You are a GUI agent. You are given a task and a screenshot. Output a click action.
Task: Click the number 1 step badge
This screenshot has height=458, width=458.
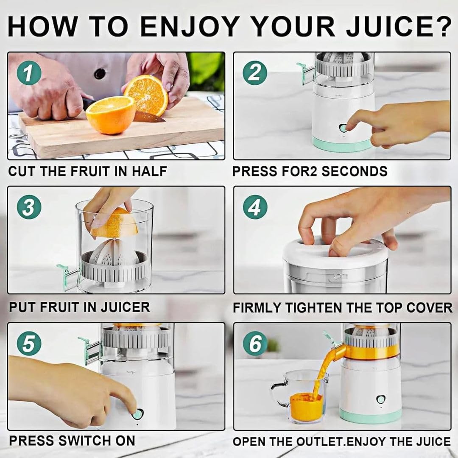coord(29,73)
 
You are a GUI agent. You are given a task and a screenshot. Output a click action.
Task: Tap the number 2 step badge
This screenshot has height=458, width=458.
coord(255,73)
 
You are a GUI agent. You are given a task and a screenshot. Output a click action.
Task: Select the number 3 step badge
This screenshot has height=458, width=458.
coord(29,207)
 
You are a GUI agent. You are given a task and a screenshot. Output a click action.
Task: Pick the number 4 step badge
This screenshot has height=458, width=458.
coord(255,207)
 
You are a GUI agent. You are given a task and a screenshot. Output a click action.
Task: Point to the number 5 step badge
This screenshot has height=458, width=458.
coord(29,343)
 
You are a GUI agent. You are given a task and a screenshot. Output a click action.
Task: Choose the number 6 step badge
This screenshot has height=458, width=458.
coord(255,343)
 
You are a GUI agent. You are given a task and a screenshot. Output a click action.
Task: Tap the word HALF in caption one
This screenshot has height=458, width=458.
coord(149,171)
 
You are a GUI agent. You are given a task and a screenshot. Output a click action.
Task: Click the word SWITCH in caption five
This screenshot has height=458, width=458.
coord(84,441)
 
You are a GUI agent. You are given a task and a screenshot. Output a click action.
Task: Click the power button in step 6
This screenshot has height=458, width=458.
coord(380,399)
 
